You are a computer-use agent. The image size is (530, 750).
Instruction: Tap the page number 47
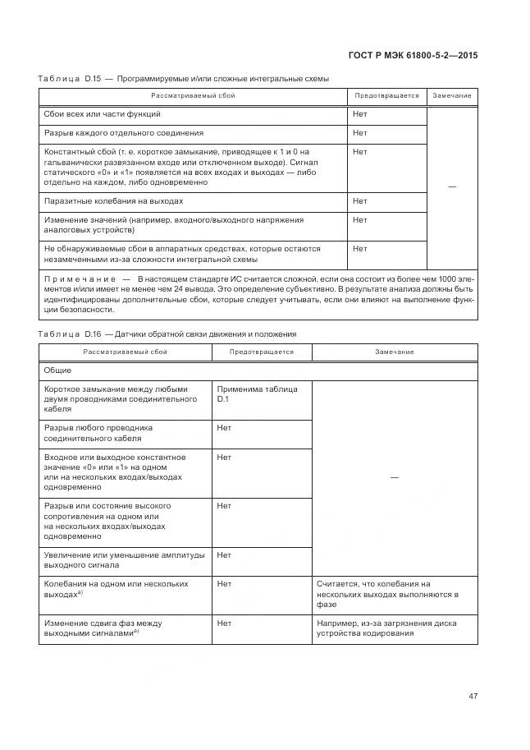(473, 696)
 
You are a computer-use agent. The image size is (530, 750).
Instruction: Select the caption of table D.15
(184, 79)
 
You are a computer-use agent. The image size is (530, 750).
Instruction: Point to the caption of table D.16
(167, 334)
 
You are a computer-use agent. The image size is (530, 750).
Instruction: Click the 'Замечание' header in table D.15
(452, 96)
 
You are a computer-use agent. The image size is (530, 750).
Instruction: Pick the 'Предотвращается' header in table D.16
(261, 352)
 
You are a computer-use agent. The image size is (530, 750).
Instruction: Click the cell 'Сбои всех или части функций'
(103, 114)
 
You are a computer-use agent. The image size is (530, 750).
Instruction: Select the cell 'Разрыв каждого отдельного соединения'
(124, 133)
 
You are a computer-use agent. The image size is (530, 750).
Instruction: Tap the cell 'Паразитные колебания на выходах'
(113, 201)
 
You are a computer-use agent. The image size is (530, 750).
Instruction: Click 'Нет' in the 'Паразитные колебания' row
(360, 201)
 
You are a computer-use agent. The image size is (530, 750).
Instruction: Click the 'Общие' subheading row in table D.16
(58, 370)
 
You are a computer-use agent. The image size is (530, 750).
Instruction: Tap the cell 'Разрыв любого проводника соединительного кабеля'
(98, 433)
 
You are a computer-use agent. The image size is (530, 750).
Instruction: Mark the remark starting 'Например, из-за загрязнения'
(386, 628)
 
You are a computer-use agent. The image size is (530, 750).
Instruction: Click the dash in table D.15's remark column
(452, 187)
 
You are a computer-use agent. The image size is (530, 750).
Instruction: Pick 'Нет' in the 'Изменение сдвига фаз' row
(224, 623)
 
